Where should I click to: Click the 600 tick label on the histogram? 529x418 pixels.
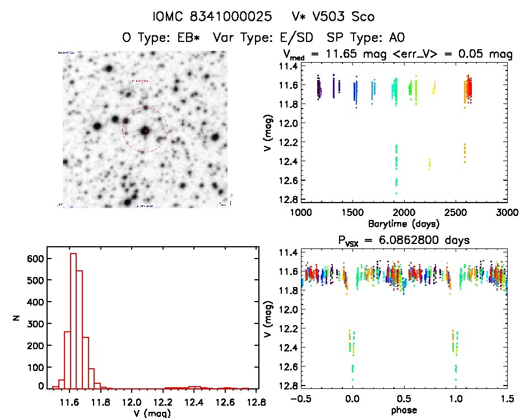click(35, 259)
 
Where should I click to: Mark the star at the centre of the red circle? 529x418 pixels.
click(145, 130)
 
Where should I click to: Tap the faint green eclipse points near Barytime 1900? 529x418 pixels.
click(396, 168)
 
